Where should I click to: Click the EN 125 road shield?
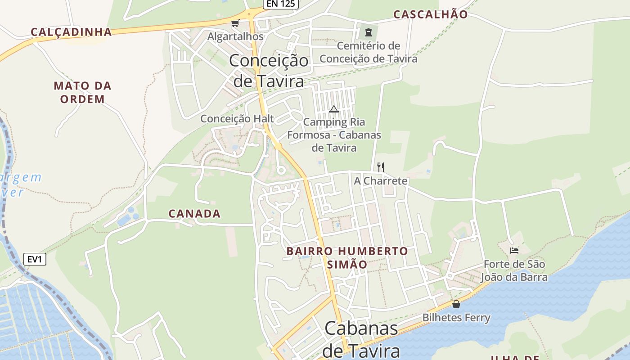(280, 4)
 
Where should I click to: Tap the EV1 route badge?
(35, 259)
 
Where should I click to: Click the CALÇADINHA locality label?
(71, 32)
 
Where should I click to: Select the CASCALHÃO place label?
(431, 14)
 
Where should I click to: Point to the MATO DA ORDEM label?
(82, 92)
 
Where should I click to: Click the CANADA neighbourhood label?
(194, 214)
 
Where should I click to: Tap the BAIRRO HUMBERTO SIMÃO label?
(347, 257)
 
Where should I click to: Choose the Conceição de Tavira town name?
(269, 71)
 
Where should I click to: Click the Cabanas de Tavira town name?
(361, 339)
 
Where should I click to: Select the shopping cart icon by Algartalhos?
(234, 23)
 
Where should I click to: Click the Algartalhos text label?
(235, 36)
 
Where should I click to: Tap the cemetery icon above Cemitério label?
(369, 32)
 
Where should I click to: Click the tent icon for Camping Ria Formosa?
(333, 109)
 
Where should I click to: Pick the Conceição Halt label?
(237, 119)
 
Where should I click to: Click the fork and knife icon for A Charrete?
(381, 167)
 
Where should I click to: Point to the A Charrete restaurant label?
(381, 181)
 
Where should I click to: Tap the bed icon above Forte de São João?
(514, 250)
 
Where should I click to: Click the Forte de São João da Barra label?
(515, 270)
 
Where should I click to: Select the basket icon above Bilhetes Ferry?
(456, 304)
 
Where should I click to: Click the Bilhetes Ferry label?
(456, 318)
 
